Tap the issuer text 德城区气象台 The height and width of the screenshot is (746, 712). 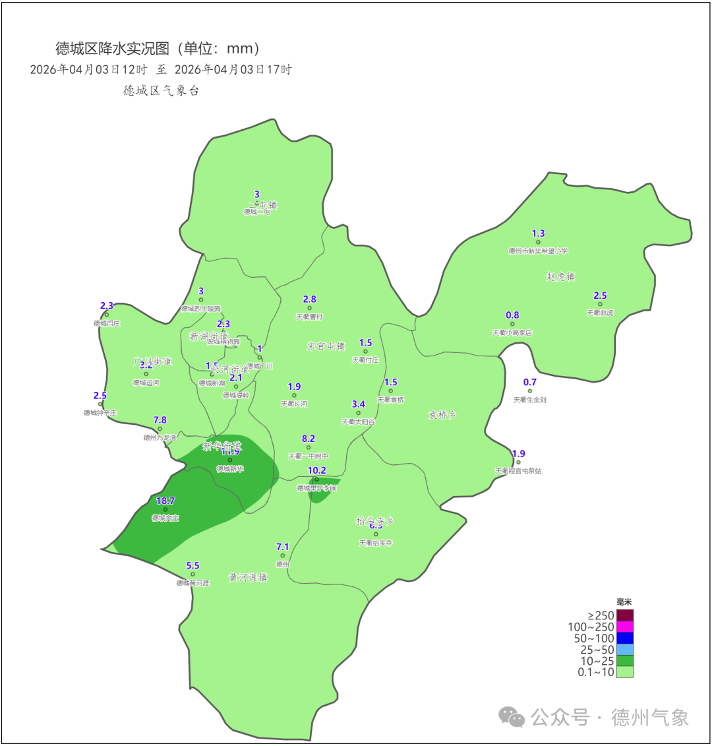pyautogui.click(x=161, y=90)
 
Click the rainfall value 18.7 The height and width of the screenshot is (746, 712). pyautogui.click(x=165, y=501)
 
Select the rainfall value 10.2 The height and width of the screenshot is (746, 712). pyautogui.click(x=317, y=470)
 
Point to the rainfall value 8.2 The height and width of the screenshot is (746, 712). pyautogui.click(x=309, y=439)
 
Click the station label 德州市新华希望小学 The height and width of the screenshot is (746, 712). pyautogui.click(x=538, y=251)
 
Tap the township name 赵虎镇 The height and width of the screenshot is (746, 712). pyautogui.click(x=560, y=276)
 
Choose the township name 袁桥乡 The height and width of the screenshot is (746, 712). pyautogui.click(x=442, y=415)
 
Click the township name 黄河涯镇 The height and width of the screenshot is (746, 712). pyautogui.click(x=248, y=578)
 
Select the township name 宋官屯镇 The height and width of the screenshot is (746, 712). pyautogui.click(x=326, y=346)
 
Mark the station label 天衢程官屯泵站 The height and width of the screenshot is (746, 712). pyautogui.click(x=518, y=471)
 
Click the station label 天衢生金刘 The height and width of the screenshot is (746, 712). pyautogui.click(x=530, y=400)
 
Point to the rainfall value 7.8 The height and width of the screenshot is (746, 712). pyautogui.click(x=160, y=420)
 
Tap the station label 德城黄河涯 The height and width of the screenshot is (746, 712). pyautogui.click(x=193, y=583)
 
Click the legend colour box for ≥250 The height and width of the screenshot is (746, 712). pyautogui.click(x=624, y=615)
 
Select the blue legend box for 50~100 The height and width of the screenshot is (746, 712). pyautogui.click(x=624, y=638)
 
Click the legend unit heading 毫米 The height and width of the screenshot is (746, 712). pyautogui.click(x=624, y=602)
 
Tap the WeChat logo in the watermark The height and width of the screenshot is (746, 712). pyautogui.click(x=512, y=717)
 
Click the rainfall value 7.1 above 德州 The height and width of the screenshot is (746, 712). pyautogui.click(x=282, y=547)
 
